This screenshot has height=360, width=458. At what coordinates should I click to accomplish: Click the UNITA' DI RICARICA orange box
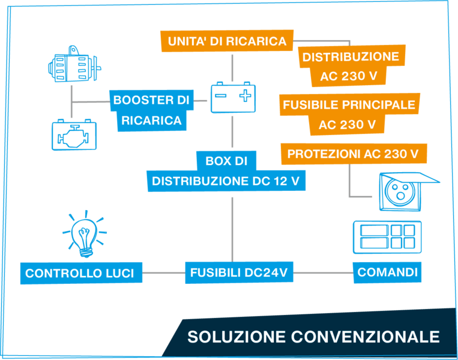(x=227, y=41)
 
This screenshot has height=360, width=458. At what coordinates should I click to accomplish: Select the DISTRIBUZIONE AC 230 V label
(x=350, y=67)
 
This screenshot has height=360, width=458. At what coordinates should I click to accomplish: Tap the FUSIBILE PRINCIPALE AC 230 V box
(x=349, y=115)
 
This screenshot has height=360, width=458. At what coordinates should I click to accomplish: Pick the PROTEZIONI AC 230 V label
(x=353, y=154)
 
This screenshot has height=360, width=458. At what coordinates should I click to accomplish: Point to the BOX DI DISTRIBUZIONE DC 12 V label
(x=226, y=171)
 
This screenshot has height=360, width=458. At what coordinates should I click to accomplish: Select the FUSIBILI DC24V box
(x=239, y=272)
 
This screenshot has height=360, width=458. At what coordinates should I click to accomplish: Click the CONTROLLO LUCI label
(x=80, y=274)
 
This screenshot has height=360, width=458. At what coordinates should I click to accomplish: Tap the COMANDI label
(x=387, y=272)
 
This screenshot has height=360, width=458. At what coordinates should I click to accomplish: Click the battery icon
(x=233, y=97)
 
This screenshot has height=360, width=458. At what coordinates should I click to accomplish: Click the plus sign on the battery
(x=244, y=95)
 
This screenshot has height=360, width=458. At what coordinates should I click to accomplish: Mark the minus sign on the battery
(x=221, y=95)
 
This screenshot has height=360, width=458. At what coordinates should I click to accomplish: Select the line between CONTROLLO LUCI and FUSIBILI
(x=163, y=273)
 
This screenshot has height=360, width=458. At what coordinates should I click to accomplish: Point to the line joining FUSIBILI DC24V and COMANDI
(x=323, y=272)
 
